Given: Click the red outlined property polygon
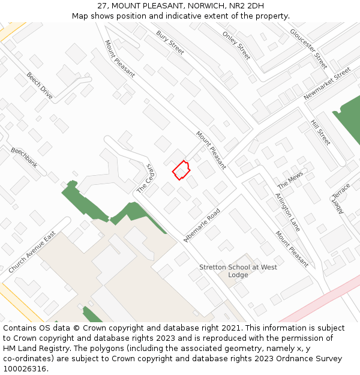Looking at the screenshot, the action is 181,170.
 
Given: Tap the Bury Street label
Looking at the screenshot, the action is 170,43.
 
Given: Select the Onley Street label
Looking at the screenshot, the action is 236,45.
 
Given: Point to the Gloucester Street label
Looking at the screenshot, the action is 309,48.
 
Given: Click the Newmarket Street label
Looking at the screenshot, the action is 327,84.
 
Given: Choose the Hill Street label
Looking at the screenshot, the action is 320,132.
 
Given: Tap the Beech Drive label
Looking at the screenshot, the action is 40,86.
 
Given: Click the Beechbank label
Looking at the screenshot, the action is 24,157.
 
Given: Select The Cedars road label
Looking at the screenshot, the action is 146,178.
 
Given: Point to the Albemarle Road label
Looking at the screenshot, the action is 202,225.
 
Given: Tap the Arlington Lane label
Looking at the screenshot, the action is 287,212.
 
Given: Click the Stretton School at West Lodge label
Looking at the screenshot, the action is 238,271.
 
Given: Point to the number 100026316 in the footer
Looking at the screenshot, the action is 24,369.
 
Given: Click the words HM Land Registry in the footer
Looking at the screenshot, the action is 31,349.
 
